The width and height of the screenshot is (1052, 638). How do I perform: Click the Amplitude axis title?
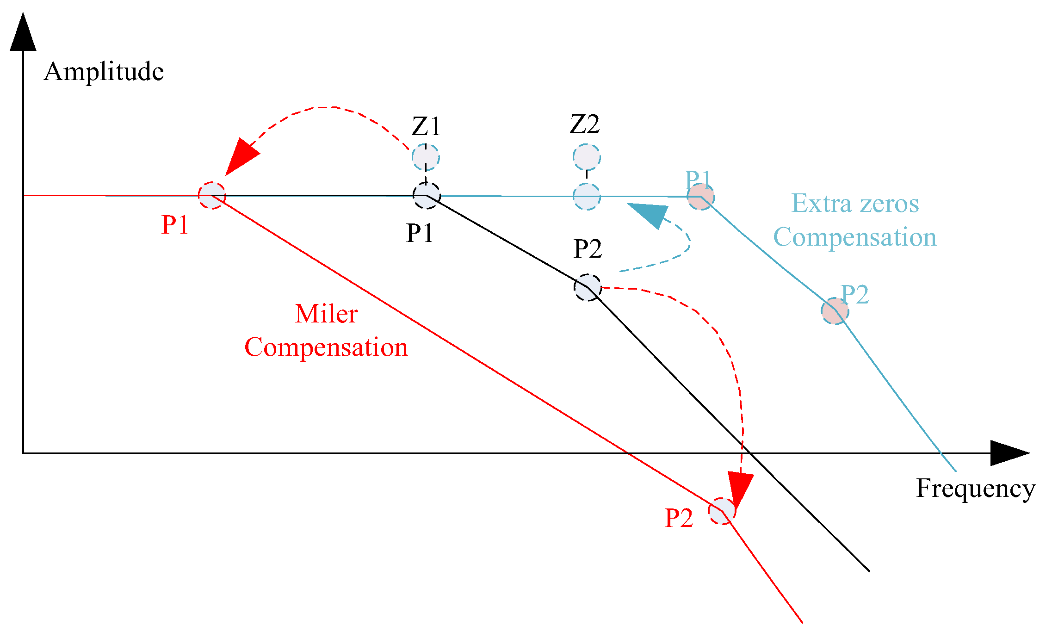(x=104, y=72)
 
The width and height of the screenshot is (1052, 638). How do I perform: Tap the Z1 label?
(x=426, y=126)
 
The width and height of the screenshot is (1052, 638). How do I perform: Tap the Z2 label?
(x=585, y=124)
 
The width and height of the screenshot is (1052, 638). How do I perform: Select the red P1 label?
(x=175, y=225)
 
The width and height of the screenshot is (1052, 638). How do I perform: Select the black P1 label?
(x=420, y=233)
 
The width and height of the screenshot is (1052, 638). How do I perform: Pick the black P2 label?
(x=588, y=249)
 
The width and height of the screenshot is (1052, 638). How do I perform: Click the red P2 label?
(x=679, y=518)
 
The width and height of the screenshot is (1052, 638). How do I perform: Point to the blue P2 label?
(x=854, y=295)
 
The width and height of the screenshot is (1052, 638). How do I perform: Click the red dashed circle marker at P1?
(x=212, y=196)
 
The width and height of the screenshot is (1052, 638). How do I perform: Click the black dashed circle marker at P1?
(x=426, y=196)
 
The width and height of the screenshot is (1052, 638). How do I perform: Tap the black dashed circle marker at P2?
(x=588, y=287)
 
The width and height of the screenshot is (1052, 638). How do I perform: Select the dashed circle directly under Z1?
(x=426, y=157)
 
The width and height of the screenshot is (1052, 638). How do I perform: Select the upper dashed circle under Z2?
(x=587, y=157)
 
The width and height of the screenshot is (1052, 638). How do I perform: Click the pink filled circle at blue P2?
(x=835, y=311)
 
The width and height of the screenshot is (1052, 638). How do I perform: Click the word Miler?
(x=326, y=314)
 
